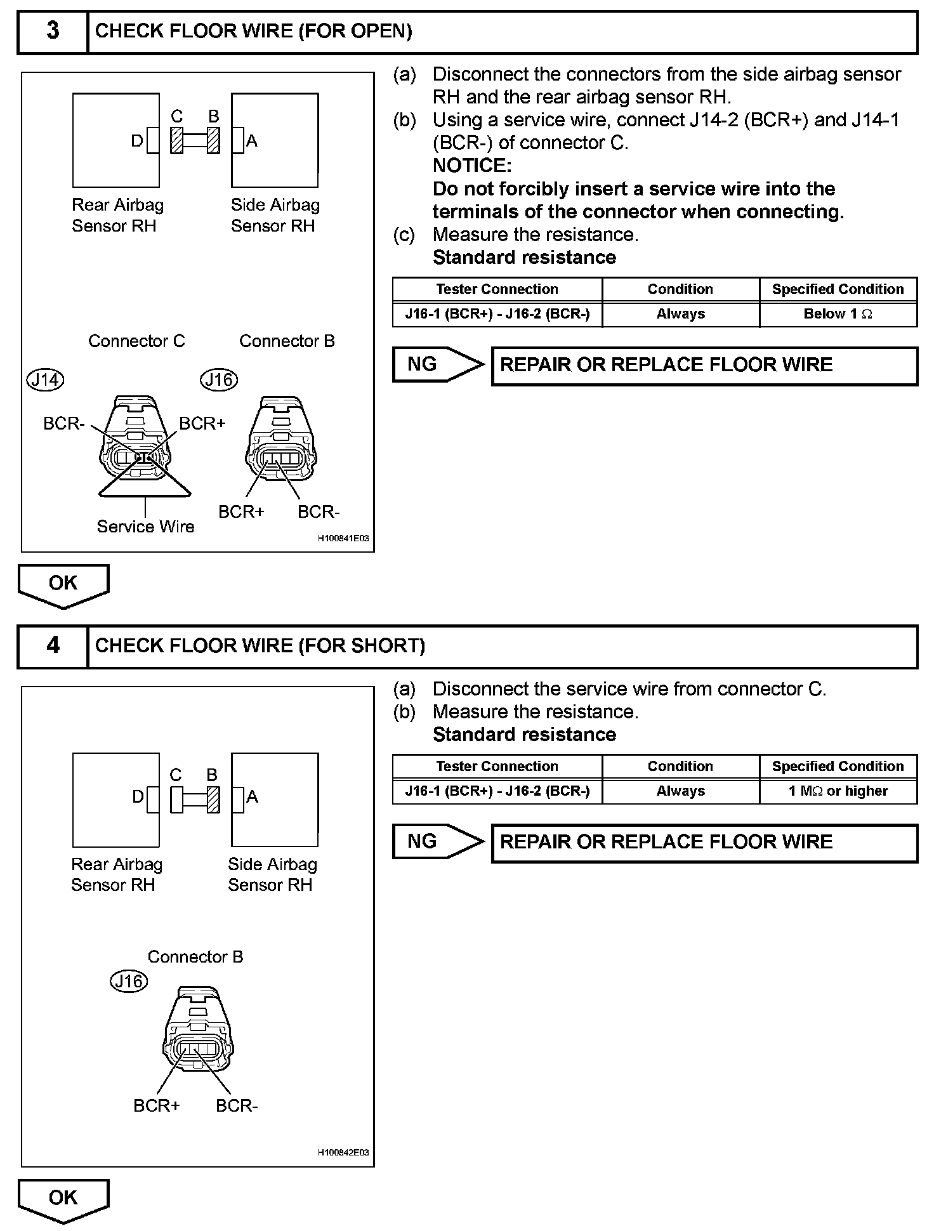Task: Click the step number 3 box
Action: pyautogui.click(x=53, y=31)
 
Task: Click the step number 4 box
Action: pyautogui.click(x=53, y=646)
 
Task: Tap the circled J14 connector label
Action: pyautogui.click(x=46, y=380)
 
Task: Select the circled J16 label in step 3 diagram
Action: pyautogui.click(x=220, y=380)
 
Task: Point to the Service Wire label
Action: pyautogui.click(x=145, y=527)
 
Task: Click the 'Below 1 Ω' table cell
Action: pyautogui.click(x=838, y=314)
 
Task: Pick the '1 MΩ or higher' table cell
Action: pyautogui.click(x=838, y=791)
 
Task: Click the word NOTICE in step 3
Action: pyautogui.click(x=472, y=166)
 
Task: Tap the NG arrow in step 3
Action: pyautogui.click(x=438, y=364)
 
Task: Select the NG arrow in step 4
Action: pyautogui.click(x=438, y=841)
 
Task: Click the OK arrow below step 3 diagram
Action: pyautogui.click(x=63, y=584)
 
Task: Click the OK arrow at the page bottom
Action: pyautogui.click(x=63, y=1199)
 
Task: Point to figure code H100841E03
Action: pyautogui.click(x=343, y=539)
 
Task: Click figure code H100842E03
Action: pyautogui.click(x=343, y=1152)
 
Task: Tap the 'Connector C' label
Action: pyautogui.click(x=136, y=341)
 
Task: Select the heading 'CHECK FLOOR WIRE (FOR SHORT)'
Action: pyautogui.click(x=260, y=646)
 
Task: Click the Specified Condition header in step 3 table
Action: pyautogui.click(x=838, y=289)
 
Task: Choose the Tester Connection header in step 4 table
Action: pyautogui.click(x=497, y=767)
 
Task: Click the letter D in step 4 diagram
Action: pyautogui.click(x=138, y=797)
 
